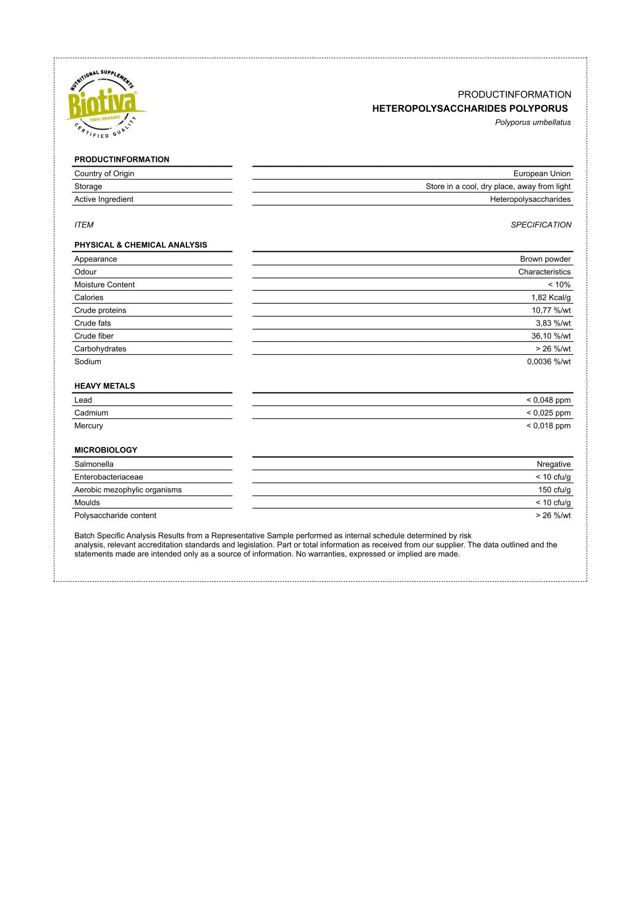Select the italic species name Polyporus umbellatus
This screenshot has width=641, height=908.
533,122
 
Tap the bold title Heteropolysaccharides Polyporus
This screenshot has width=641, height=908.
470,108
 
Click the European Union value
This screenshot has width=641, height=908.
541,174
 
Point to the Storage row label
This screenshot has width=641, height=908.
88,187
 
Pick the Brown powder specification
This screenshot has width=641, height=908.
545,259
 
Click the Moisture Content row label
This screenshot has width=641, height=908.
104,285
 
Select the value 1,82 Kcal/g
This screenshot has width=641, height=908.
551,298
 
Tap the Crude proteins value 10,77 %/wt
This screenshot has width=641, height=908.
551,311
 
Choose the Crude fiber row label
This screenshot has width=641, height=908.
94,336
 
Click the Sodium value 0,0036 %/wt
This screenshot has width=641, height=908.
548,362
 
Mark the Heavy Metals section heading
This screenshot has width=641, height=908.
104,386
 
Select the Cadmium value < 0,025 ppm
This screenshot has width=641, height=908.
548,413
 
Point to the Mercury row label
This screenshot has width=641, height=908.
89,426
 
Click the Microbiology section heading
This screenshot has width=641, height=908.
106,450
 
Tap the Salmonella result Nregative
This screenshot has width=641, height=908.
553,464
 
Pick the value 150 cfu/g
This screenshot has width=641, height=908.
554,490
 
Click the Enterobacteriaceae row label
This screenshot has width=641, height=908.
109,477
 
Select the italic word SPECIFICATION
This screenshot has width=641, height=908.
541,225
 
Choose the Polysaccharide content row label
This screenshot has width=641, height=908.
115,515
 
